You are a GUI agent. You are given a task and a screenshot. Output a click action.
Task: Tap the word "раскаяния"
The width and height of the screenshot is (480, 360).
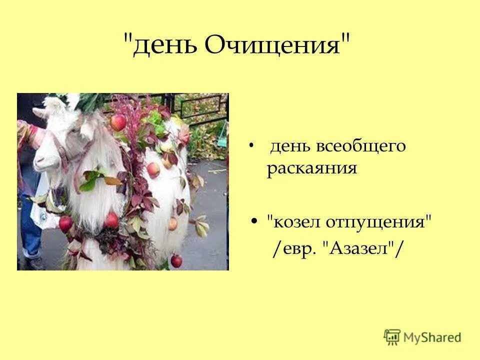(x=312, y=168)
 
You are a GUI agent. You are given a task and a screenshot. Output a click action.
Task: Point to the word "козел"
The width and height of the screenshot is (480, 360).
(x=294, y=220)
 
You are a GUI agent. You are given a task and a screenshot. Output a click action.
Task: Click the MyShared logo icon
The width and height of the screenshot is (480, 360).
(x=392, y=336)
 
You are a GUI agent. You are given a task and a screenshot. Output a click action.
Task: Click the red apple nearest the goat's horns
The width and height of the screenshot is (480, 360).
(x=118, y=121)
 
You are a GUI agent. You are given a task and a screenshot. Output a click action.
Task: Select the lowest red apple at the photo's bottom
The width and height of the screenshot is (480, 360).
(x=176, y=260)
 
